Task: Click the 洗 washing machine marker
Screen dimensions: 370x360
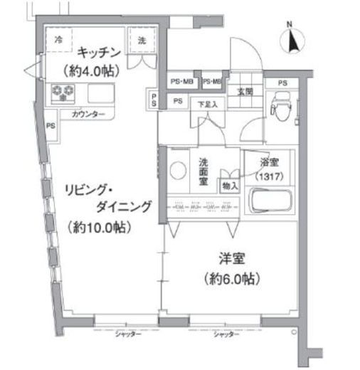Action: tap(141, 41)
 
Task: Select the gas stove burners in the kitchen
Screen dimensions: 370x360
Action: tap(63, 91)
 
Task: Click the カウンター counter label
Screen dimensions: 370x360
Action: tap(88, 114)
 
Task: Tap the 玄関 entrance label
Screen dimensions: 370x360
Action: tap(245, 91)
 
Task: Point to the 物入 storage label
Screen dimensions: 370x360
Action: tap(231, 185)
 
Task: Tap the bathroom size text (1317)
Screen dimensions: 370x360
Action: tap(268, 175)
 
